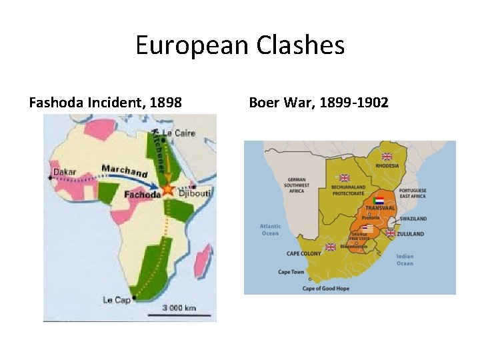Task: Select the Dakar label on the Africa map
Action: click(x=65, y=171)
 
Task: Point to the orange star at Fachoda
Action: click(x=167, y=190)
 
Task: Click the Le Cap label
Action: click(x=117, y=300)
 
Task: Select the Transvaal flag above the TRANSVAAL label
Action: click(x=379, y=200)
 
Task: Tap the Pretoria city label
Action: click(x=371, y=217)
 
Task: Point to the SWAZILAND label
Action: click(x=413, y=219)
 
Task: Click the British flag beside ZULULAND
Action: click(x=390, y=233)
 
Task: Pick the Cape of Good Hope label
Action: click(x=326, y=289)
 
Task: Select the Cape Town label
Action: click(x=291, y=272)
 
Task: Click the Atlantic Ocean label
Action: click(x=269, y=229)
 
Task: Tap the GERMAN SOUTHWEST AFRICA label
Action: click(x=297, y=185)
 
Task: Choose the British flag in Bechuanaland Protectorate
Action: click(x=345, y=178)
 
